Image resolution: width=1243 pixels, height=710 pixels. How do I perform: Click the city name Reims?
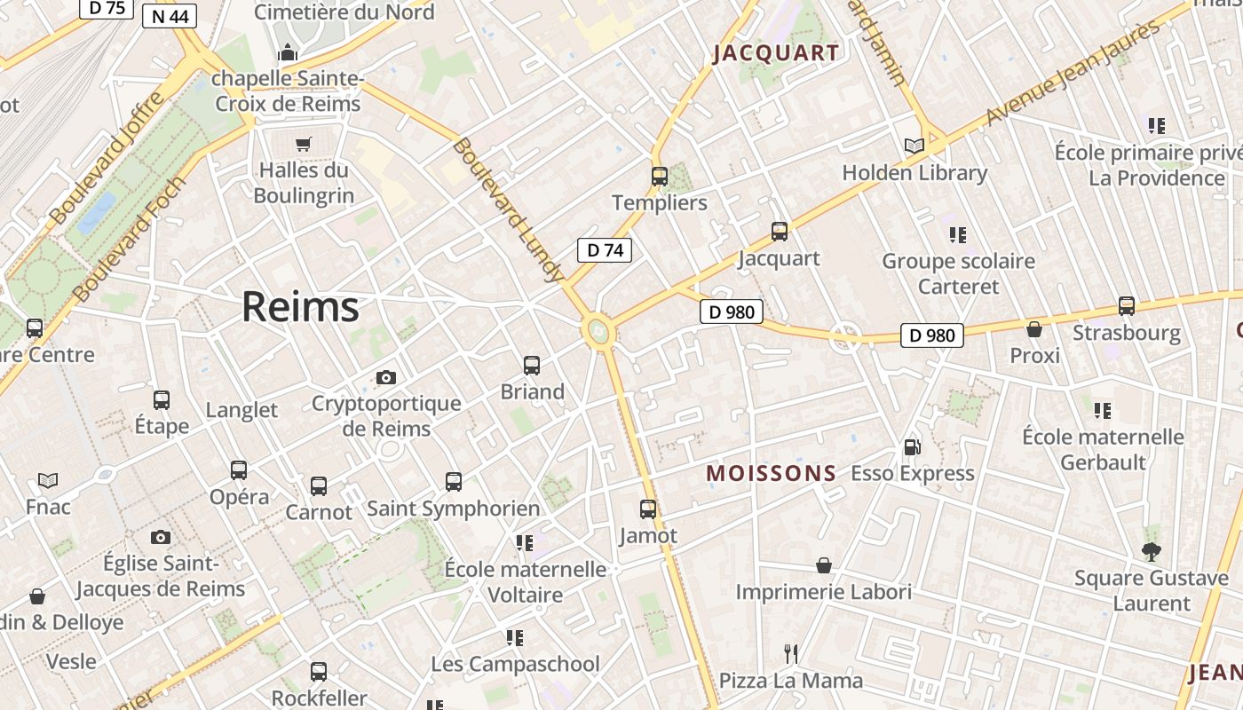tap(300, 307)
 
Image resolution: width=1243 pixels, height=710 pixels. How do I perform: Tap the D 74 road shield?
tap(605, 250)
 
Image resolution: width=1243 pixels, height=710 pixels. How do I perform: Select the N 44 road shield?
tap(169, 16)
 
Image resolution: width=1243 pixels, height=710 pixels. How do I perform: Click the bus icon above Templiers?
tap(659, 177)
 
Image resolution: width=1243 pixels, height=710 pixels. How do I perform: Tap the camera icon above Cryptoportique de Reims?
tap(385, 378)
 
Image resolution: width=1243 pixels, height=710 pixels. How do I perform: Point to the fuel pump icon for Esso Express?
tap(912, 447)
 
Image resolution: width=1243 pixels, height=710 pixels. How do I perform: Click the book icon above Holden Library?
tap(914, 146)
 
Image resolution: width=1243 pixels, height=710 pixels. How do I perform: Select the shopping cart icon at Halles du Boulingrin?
tap(304, 144)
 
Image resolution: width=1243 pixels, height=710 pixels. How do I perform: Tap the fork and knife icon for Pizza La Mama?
tap(790, 654)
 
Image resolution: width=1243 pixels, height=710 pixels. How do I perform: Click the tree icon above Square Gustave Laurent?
tap(1151, 552)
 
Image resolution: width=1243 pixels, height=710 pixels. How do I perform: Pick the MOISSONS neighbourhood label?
tap(771, 474)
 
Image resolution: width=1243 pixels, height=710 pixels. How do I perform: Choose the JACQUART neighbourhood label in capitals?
tap(776, 53)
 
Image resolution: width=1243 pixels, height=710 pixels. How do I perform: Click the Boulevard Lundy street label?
tap(508, 209)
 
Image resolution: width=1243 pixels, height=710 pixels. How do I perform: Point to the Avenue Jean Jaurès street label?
tap(1073, 73)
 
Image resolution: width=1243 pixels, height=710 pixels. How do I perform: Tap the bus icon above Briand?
tap(532, 366)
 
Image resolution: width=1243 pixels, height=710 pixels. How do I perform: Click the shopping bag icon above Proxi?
tap(1034, 329)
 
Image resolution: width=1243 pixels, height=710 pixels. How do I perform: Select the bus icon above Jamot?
tap(648, 509)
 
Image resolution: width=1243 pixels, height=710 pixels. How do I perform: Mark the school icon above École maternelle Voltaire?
tap(525, 542)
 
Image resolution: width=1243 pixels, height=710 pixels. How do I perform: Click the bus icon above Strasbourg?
tap(1127, 306)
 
